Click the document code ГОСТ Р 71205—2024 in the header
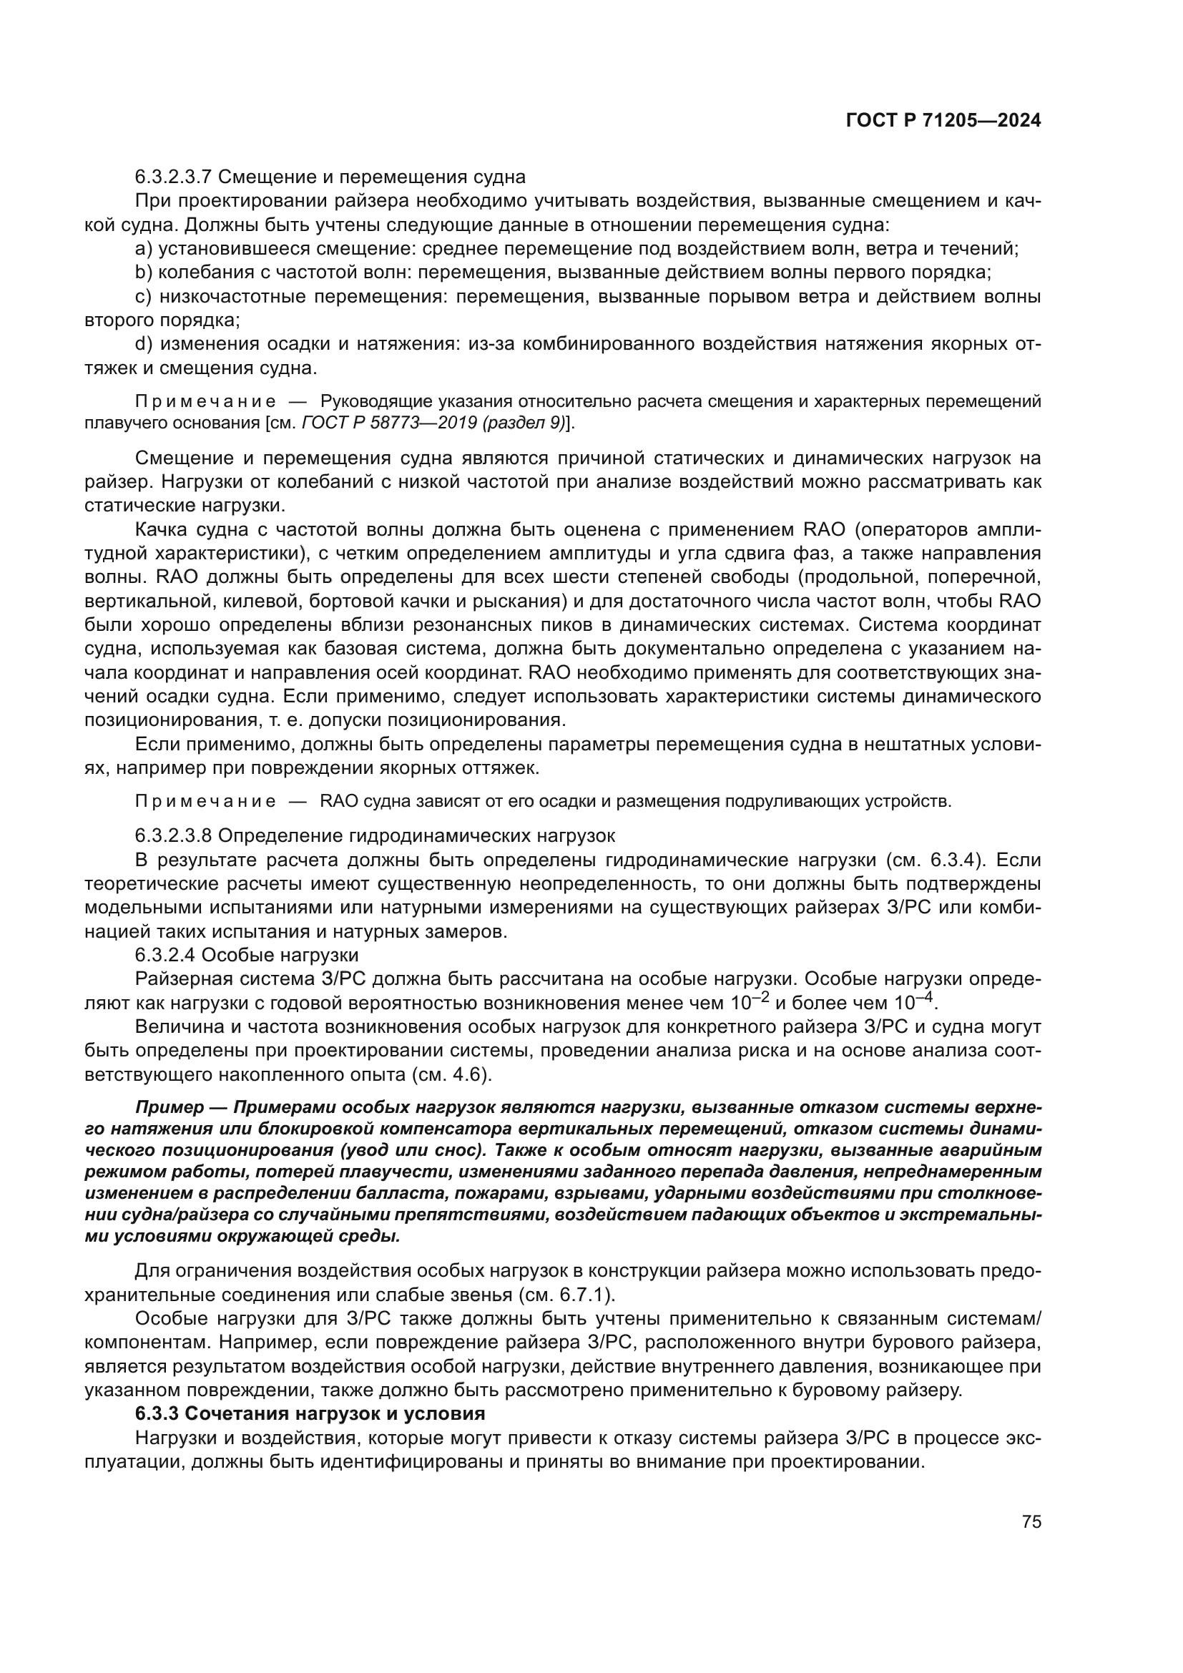(x=943, y=121)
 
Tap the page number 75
(x=1031, y=1521)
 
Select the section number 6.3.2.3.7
(x=173, y=177)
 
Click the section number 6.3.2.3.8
(x=173, y=835)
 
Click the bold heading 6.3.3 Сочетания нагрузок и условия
(x=310, y=1414)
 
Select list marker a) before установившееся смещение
(x=144, y=249)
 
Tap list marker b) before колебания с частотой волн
(x=144, y=273)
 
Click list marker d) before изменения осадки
(x=144, y=344)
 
